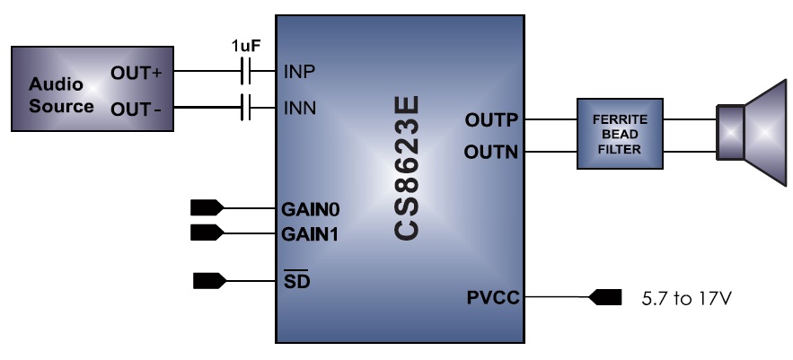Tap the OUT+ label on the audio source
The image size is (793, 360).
(x=135, y=73)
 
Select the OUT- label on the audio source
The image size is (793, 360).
(x=135, y=109)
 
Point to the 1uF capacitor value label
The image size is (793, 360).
(x=246, y=46)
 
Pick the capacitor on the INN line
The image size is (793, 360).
(x=244, y=110)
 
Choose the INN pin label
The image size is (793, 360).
(x=299, y=110)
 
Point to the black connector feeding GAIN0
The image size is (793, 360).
(x=207, y=208)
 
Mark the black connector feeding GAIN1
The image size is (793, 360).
(x=207, y=234)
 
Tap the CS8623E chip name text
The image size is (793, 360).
(x=409, y=170)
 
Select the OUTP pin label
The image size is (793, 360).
(x=491, y=119)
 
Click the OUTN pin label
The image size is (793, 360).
(x=491, y=152)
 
